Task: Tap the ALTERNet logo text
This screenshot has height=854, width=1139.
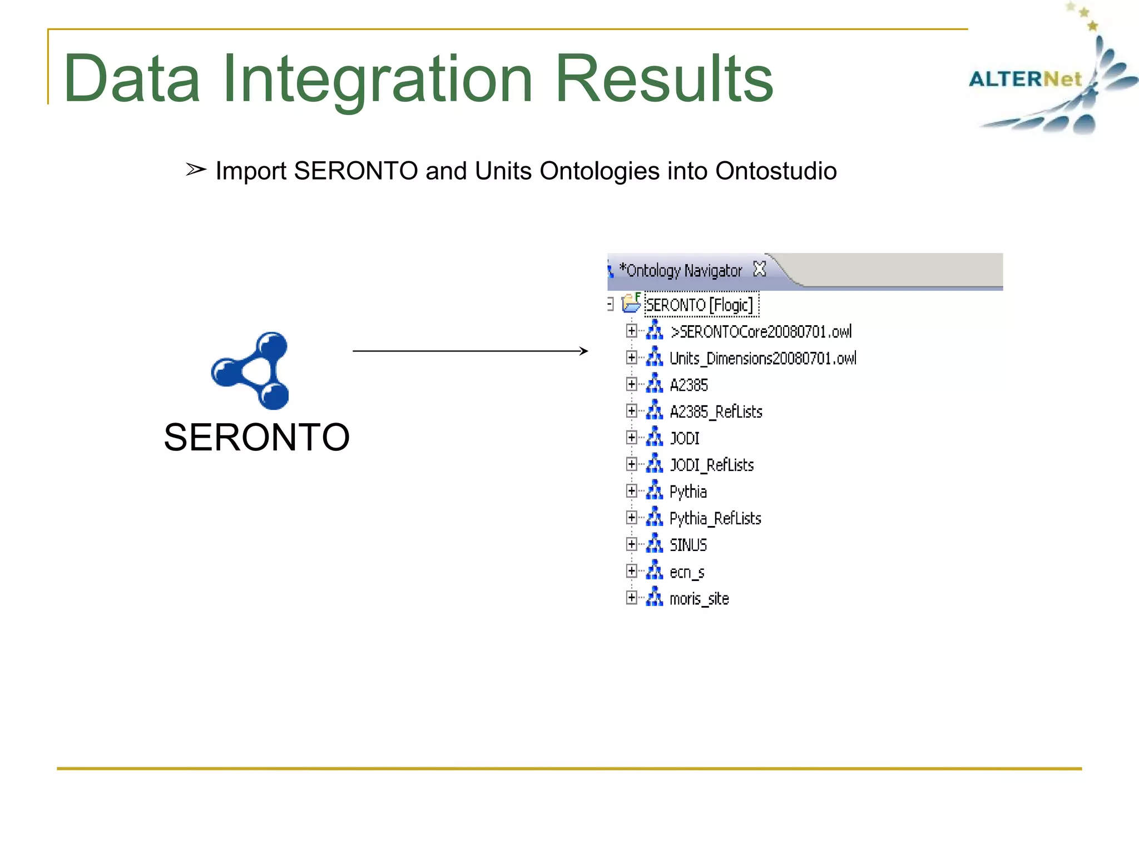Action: (1025, 79)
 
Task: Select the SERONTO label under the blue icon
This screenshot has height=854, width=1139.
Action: (256, 437)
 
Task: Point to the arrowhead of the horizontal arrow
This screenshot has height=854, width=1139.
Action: (584, 351)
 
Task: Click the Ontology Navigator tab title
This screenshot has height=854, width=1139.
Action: (681, 271)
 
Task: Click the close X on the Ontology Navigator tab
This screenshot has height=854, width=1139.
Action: (759, 270)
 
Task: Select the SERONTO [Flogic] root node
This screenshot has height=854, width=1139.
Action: (699, 305)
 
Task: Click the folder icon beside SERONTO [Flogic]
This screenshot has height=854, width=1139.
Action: (631, 303)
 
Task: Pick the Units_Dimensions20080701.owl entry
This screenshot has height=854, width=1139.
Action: (762, 358)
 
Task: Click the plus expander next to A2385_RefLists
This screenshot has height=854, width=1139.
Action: (631, 411)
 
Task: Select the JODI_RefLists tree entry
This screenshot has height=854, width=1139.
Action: (711, 465)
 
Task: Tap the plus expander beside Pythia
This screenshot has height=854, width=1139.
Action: (631, 491)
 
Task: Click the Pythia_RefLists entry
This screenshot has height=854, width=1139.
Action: (715, 518)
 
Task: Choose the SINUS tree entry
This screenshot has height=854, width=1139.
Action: (688, 545)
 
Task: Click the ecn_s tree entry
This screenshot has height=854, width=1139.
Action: (687, 572)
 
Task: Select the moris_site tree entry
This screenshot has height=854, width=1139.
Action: (699, 599)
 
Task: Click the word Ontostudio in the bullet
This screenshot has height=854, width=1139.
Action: (776, 171)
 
